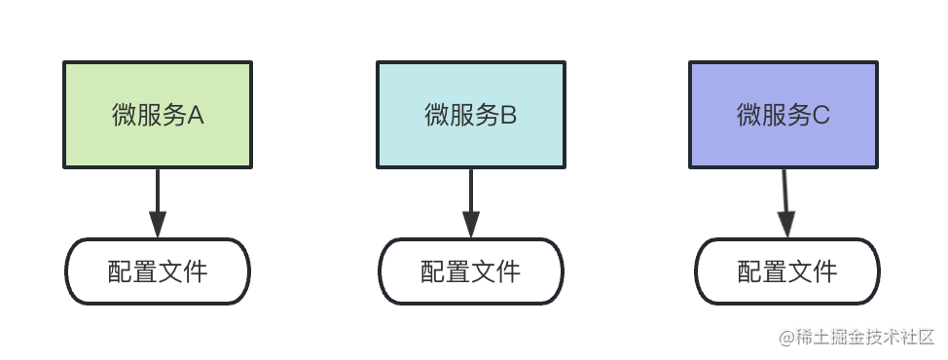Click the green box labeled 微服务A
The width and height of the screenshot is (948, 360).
(158, 115)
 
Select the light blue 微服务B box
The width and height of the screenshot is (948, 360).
(471, 115)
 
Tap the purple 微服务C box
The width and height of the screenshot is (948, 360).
(784, 115)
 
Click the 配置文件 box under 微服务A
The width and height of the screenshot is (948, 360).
(158, 271)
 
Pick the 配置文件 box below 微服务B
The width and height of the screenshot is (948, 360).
(471, 271)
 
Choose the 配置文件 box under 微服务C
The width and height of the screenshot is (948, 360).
(787, 271)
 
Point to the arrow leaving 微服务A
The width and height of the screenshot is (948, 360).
(158, 203)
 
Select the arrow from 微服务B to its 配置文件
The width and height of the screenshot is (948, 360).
(471, 203)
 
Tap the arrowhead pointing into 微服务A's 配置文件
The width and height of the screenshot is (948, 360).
(158, 225)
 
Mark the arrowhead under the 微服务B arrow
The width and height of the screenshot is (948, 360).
(471, 225)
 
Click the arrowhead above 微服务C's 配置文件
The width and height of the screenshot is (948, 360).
(786, 225)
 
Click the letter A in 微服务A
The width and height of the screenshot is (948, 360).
(196, 115)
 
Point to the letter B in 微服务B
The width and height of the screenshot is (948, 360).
(508, 115)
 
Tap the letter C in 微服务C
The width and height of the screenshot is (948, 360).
(820, 115)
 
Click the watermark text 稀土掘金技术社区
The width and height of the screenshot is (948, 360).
(865, 337)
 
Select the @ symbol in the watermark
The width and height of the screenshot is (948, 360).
(786, 338)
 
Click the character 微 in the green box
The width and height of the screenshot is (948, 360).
(124, 115)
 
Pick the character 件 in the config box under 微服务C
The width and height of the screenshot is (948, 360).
(825, 271)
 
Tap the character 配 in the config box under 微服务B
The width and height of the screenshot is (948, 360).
(433, 271)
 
